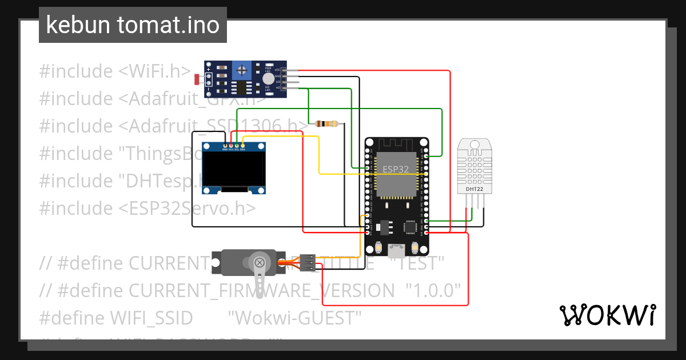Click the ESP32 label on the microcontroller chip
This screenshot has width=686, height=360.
pos(396,169)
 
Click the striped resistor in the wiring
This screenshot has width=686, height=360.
pos(327,123)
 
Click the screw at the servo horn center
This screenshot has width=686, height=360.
pos(260,263)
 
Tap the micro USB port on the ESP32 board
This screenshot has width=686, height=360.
pos(396,250)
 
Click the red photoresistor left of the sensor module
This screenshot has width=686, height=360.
pos(198,78)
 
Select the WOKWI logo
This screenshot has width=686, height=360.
pos(607,315)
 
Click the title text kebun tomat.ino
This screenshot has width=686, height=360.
pos(133,25)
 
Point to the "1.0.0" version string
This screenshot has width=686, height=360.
pos(433,290)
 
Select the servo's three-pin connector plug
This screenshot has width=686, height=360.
pos(308,262)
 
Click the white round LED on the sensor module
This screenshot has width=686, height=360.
pos(268,79)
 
